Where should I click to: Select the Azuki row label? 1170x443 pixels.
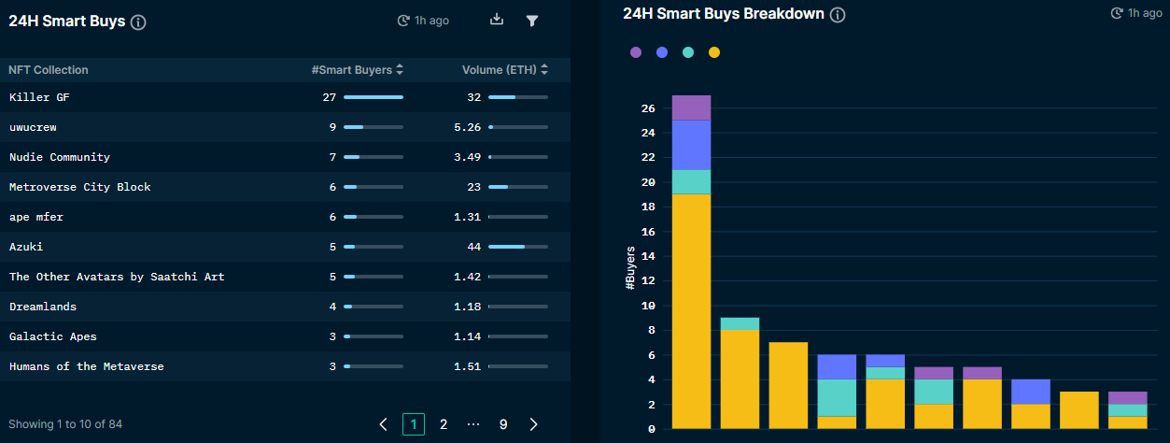[x=26, y=247]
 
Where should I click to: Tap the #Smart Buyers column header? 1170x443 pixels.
[x=352, y=70]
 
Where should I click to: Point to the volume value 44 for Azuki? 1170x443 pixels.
[x=473, y=247]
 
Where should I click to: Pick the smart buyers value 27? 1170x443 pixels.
[x=329, y=97]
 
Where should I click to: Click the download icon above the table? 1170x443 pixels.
[x=497, y=20]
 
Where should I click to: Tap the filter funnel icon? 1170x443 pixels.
[x=532, y=20]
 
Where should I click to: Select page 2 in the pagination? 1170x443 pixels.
[x=444, y=424]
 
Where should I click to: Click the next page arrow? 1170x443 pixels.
[x=533, y=424]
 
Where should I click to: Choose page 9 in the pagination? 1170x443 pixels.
[x=503, y=424]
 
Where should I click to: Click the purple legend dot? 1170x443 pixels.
[x=636, y=52]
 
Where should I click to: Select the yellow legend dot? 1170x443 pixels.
[x=714, y=52]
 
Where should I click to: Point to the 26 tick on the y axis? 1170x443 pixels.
[x=649, y=108]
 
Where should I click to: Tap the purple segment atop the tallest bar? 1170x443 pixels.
[x=691, y=107]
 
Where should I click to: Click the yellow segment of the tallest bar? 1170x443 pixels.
[x=691, y=308]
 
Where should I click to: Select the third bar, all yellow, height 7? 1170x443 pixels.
[x=788, y=385]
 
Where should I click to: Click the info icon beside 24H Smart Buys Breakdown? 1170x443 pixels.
[x=838, y=15]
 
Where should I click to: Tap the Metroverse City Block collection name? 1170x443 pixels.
[x=79, y=187]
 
